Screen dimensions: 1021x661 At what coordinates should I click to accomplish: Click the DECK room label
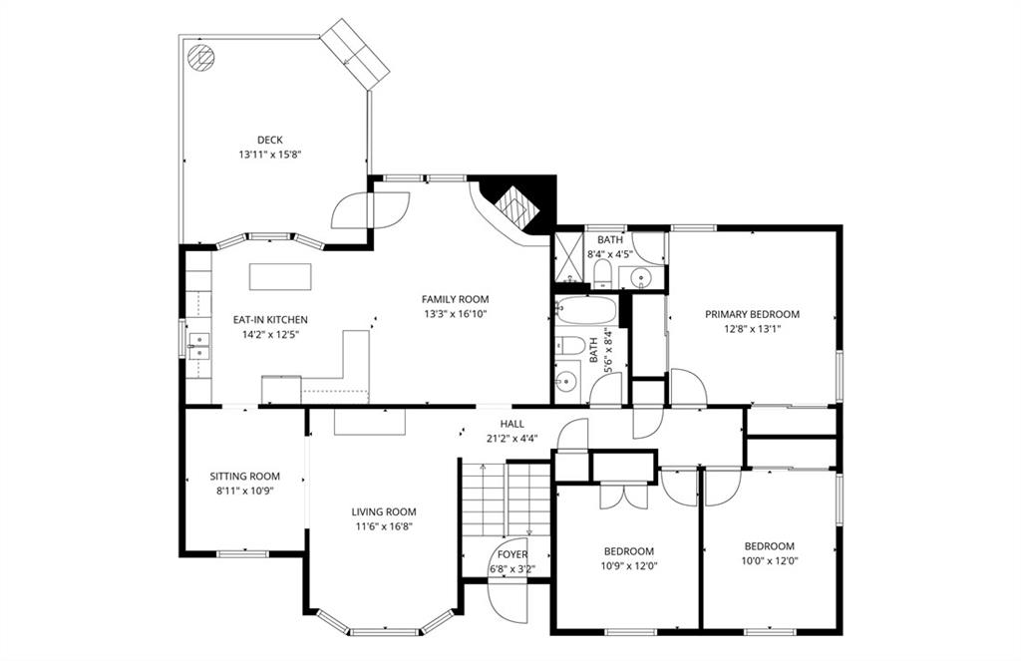pos(269,140)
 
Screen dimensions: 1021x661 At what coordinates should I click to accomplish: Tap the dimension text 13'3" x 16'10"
pos(455,314)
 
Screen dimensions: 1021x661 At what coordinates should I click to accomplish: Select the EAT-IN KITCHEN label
pos(270,320)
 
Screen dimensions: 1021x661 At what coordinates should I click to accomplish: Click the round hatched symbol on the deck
pos(200,58)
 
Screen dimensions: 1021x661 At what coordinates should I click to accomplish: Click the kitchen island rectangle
pos(280,276)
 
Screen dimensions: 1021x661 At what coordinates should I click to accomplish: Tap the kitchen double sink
pos(199,346)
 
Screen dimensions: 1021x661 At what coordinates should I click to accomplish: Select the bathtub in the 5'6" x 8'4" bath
pos(585,311)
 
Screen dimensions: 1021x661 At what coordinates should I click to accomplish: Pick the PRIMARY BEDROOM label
pos(752,314)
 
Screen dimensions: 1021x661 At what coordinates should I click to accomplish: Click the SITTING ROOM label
pos(245,476)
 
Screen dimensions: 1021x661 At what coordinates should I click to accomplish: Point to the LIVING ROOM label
pos(384,511)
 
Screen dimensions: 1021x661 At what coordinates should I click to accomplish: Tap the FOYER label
pos(512,555)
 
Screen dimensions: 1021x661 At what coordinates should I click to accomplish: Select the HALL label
pos(511,424)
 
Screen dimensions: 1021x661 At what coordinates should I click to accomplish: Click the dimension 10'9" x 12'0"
pos(629,566)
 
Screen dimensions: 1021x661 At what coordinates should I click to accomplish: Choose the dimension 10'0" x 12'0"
pos(770,560)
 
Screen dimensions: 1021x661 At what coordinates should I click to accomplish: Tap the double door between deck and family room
pos(371,209)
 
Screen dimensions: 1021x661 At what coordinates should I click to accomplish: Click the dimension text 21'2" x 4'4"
pos(511,439)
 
